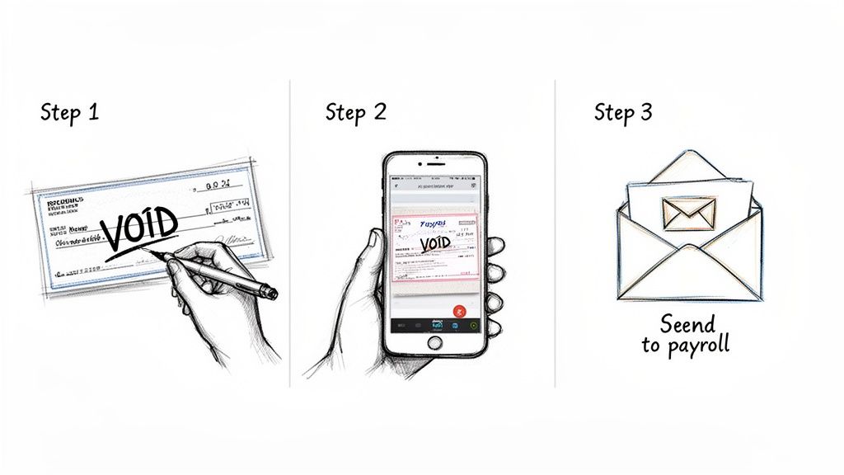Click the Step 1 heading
point(69,113)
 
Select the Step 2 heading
point(355,112)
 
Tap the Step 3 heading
point(623,113)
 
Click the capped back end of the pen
point(270,292)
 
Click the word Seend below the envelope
point(687,323)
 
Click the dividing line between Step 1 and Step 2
point(289,231)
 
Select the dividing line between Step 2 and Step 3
point(555,231)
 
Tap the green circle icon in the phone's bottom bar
point(473,326)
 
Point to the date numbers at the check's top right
point(218,186)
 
